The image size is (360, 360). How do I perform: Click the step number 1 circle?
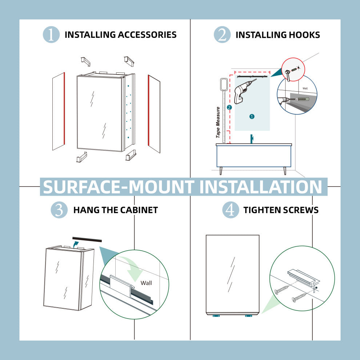(51, 35)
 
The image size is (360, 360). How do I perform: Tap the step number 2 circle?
(222, 35)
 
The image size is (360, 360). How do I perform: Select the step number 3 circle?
(59, 210)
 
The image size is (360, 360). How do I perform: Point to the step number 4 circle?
(231, 210)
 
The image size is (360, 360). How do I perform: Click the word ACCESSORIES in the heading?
(147, 35)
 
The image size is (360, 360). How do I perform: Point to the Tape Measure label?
(218, 123)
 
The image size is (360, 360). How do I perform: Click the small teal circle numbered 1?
(252, 116)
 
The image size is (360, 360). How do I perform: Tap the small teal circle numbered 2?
(229, 107)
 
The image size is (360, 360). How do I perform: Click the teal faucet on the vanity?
(252, 139)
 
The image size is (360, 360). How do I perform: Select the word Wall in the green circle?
(146, 283)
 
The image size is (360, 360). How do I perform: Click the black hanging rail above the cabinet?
(87, 239)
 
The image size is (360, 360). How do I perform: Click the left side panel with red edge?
(59, 111)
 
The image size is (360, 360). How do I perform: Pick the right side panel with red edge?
(154, 114)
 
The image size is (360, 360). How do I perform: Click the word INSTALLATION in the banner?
(261, 187)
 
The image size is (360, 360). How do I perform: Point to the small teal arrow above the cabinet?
(76, 244)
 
